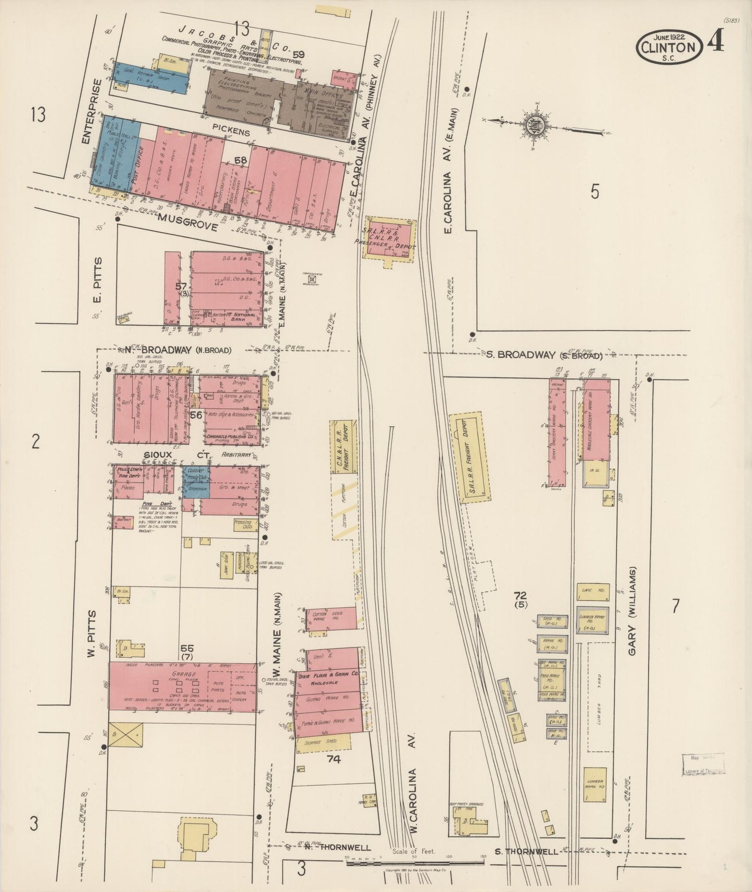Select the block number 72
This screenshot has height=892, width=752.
(x=519, y=595)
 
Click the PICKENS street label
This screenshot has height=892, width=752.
(x=232, y=133)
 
